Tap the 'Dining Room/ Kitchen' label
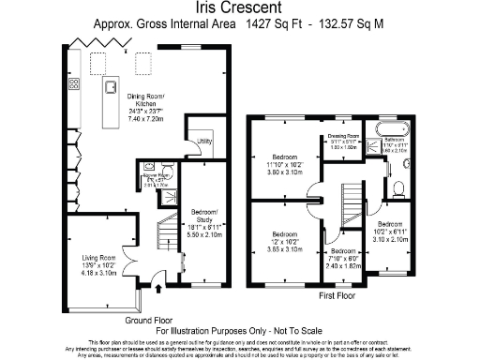coord(146,99)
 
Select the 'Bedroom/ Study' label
coord(202,212)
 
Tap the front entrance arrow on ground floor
coord(140,302)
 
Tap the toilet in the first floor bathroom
coord(397,187)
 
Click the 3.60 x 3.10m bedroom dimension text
coord(287,172)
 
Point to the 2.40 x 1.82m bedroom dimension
coord(342,266)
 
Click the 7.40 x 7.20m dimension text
coord(146,121)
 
